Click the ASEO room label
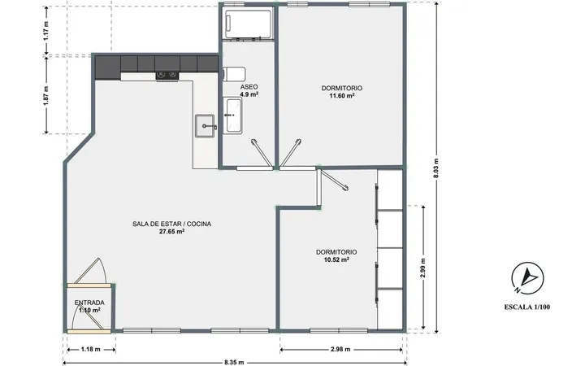249,87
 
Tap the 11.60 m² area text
341,96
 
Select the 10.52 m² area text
336,259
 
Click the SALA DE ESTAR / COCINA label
172,224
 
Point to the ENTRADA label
89,303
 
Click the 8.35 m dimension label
234,362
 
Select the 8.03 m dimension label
436,168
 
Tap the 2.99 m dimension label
422,268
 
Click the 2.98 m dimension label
340,350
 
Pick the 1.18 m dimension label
91,350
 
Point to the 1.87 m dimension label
45,96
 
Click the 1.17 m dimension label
45,31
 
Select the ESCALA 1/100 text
527,307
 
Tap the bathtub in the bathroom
249,24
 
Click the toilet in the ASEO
234,74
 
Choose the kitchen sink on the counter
205,126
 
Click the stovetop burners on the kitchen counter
167,76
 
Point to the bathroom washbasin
233,115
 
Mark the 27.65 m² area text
172,232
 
